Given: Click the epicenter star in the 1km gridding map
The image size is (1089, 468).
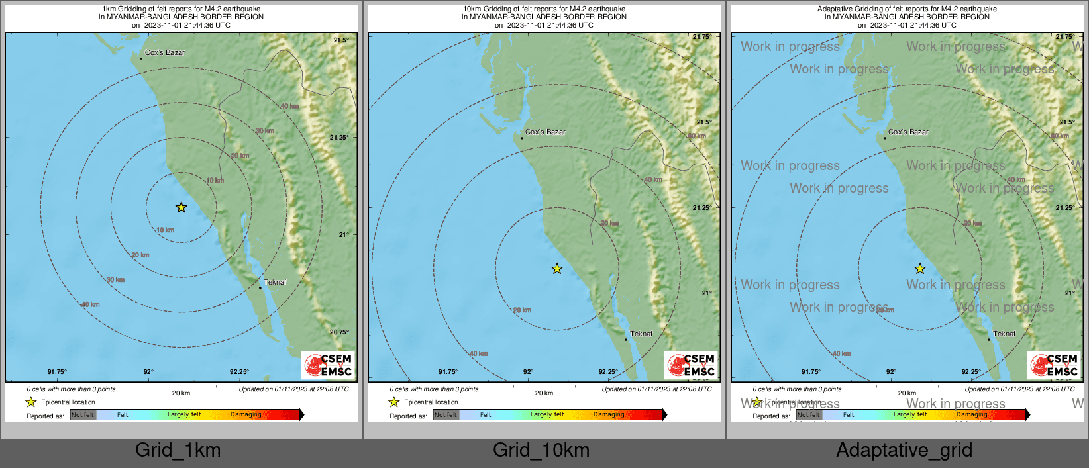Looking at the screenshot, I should tap(181, 207).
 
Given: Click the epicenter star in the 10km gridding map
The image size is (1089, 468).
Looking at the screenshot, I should tap(557, 269).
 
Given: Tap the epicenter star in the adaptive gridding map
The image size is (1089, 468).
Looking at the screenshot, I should tap(920, 269).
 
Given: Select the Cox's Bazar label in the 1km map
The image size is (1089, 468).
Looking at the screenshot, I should tap(165, 52).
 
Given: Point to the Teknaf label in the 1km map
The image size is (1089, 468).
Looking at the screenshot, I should tap(275, 282).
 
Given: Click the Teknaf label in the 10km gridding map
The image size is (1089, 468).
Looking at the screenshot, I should tap(641, 334).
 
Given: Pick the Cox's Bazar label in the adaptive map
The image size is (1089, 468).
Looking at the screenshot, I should tap(908, 132).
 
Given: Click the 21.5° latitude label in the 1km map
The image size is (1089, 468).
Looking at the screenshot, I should tap(341, 40).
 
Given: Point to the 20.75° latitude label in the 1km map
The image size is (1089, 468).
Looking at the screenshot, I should tap(340, 332).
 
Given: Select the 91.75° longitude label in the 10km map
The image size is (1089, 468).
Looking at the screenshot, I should tap(448, 372).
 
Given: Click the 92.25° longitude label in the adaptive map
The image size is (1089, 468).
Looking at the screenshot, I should tap(971, 372).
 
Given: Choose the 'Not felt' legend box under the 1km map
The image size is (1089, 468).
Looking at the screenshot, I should tap(83, 415).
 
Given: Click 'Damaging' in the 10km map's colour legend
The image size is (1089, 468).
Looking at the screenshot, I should tap(609, 415).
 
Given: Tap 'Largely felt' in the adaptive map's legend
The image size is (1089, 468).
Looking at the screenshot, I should tap(910, 415).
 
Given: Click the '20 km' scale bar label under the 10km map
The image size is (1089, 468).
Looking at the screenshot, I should tap(544, 393).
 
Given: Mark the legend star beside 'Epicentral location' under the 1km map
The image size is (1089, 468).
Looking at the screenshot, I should tap(30, 402).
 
